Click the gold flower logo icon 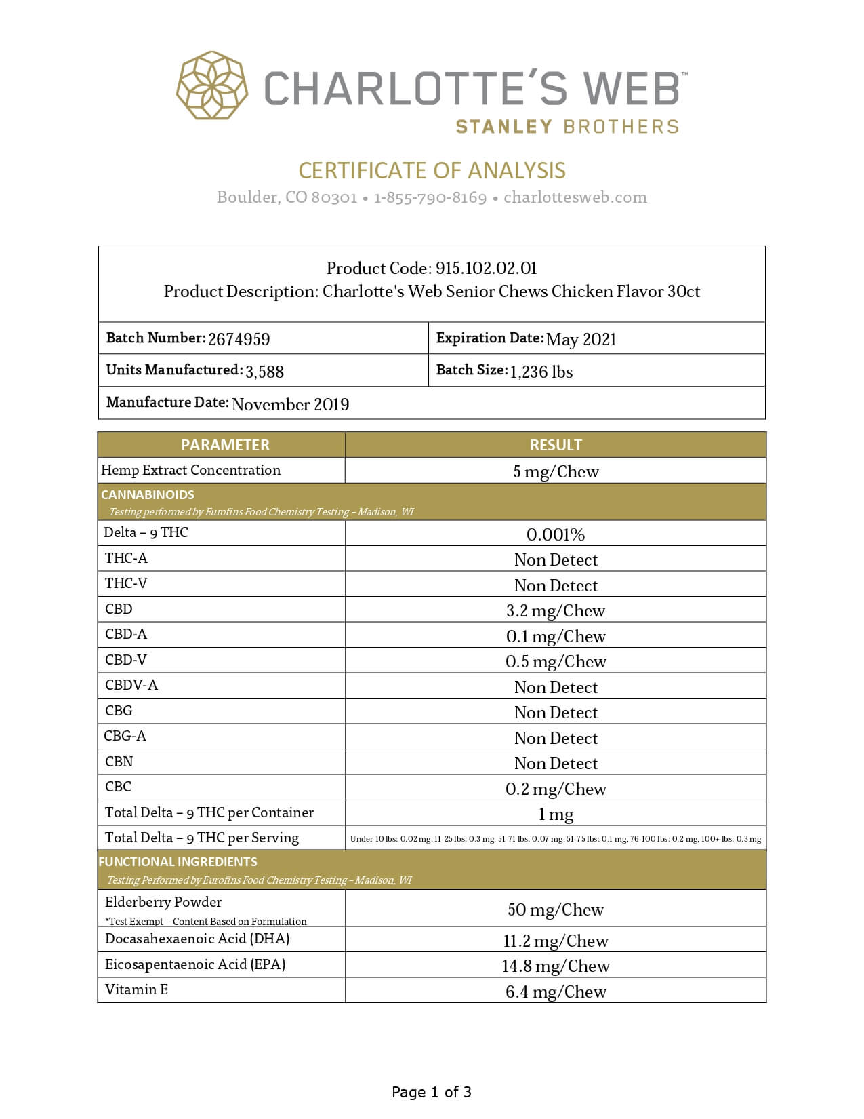point(212,86)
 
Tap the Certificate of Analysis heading point(432,170)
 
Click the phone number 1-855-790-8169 point(430,197)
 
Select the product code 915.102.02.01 point(486,269)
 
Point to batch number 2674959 point(239,339)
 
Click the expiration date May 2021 point(581,339)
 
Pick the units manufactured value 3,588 point(264,372)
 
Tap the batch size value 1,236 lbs point(541,372)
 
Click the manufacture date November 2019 point(290,404)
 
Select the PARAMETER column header point(224,445)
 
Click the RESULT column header point(556,445)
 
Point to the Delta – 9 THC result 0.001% point(556,534)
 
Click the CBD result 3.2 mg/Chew point(556,610)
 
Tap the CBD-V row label point(125,660)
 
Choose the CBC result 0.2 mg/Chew point(556,789)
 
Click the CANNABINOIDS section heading point(147,494)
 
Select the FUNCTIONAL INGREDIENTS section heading point(178,862)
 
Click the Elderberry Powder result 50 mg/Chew point(556,909)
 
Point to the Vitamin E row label point(136,989)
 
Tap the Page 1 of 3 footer point(432,1092)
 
